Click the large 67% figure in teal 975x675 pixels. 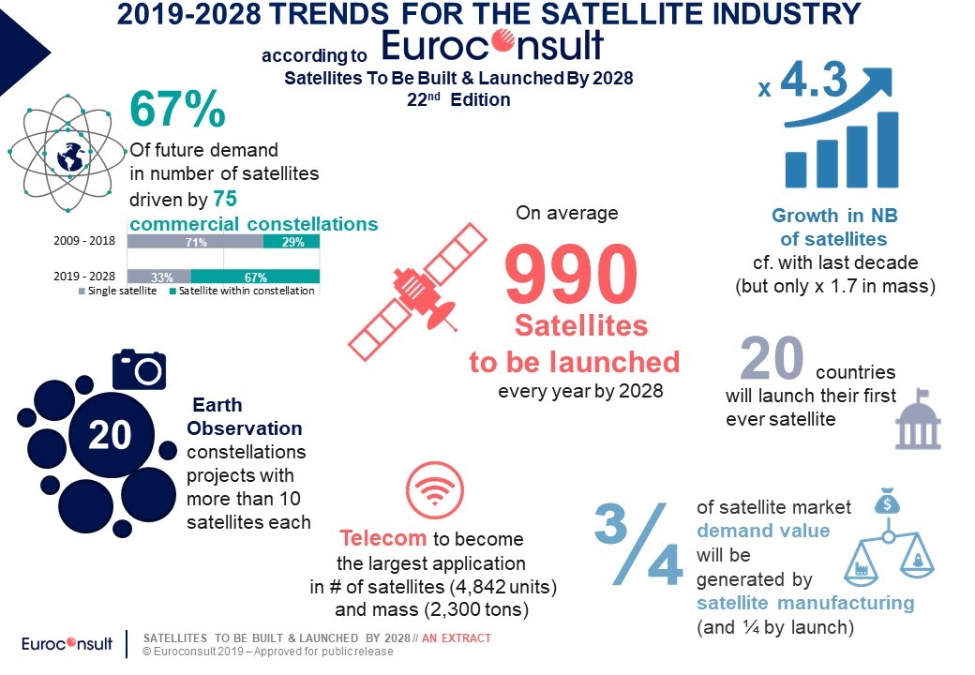point(177,109)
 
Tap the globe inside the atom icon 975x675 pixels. point(69,156)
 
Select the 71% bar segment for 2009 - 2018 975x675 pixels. point(195,242)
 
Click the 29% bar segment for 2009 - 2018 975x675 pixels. point(292,242)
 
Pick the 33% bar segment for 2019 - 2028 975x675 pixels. point(159,277)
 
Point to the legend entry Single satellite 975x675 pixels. point(117,291)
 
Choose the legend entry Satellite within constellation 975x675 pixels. point(242,291)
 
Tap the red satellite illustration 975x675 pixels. point(416,292)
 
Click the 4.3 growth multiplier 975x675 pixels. point(814,81)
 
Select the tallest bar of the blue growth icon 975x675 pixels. point(888,150)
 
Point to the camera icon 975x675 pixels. point(139,369)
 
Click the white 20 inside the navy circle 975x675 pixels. point(110,434)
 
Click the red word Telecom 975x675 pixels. point(383,538)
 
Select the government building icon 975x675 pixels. point(918,419)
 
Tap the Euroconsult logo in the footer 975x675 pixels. point(67,643)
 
